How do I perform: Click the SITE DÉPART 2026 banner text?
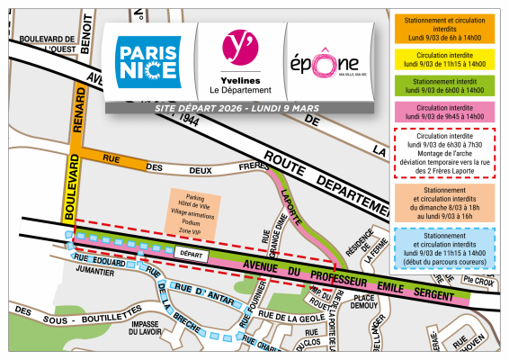tap(237, 108)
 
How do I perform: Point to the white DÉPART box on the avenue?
tap(192, 256)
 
